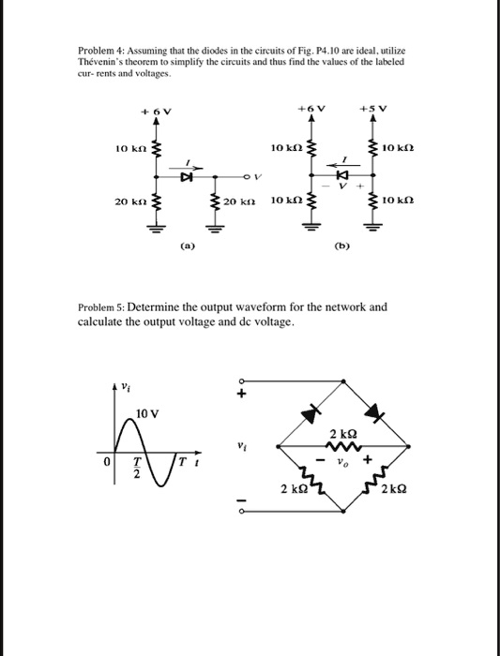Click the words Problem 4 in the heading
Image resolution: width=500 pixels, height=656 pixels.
click(x=98, y=49)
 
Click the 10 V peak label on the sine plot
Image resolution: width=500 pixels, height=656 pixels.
click(x=147, y=413)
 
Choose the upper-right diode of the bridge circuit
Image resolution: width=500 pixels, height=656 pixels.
click(x=375, y=411)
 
